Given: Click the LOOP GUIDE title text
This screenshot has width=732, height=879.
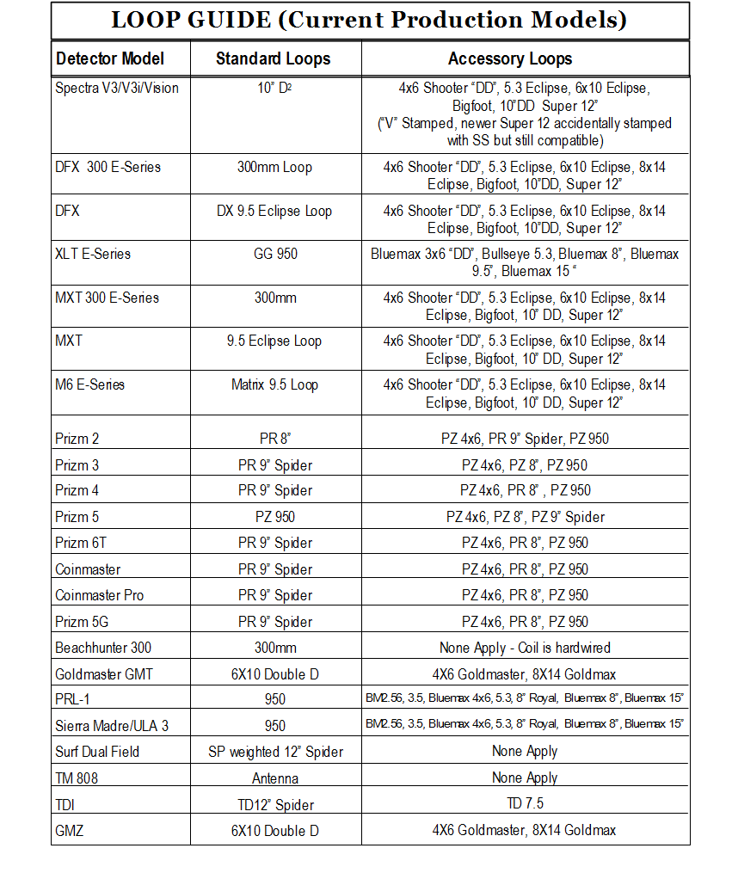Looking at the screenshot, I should [370, 20].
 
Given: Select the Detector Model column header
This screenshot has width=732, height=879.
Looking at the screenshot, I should [109, 59].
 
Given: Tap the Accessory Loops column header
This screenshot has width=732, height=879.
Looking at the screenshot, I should [510, 59].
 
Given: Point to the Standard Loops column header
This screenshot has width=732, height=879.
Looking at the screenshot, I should [273, 59].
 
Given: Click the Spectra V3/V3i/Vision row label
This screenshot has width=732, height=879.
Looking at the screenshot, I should [117, 88].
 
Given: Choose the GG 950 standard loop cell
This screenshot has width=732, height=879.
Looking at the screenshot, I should [275, 255].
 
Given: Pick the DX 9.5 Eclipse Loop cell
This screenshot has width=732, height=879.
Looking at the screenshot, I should [275, 211].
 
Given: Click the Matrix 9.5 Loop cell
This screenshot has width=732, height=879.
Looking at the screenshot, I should [275, 384].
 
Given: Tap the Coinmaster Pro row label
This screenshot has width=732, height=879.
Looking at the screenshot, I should [100, 595].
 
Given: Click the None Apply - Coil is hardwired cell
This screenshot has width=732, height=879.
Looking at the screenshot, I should [525, 648].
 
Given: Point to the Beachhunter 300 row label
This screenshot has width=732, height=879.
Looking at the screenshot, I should [103, 648].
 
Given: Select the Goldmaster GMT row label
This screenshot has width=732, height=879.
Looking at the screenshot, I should [103, 674].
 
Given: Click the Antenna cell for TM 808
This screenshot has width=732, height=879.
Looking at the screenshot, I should [275, 778].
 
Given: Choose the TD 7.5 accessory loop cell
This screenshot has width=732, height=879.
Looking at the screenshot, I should [525, 804].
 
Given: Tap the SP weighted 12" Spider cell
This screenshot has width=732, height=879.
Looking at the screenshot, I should [275, 752].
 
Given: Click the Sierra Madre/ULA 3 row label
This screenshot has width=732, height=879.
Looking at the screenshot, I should [112, 726].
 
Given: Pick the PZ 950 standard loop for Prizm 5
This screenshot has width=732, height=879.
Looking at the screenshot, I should [275, 517].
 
